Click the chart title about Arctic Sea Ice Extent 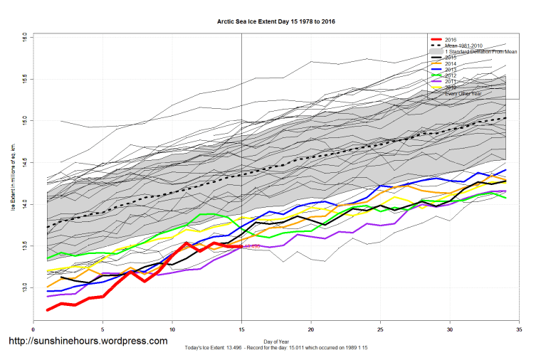click(x=276, y=21)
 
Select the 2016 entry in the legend click(x=449, y=38)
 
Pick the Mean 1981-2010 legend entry click(x=463, y=45)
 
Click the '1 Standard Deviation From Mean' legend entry click(x=478, y=51)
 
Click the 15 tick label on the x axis click(x=242, y=330)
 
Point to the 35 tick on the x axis click(x=520, y=330)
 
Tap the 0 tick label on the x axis click(x=33, y=330)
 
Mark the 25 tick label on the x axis click(x=381, y=330)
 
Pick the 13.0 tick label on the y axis click(x=24, y=287)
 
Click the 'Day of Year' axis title click(x=276, y=341)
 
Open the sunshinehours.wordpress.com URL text click(x=87, y=342)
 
